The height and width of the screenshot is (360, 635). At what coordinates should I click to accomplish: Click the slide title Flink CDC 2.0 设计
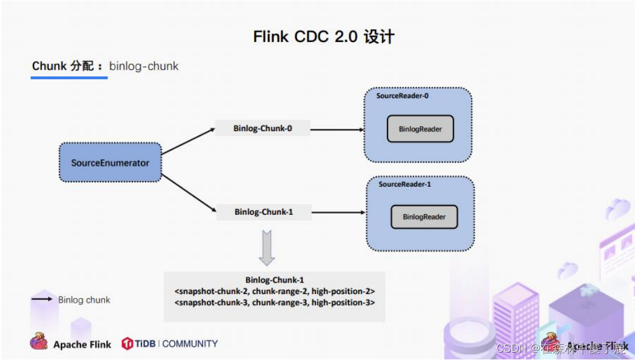pos(324,37)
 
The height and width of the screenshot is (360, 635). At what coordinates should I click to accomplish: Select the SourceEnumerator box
pos(110,162)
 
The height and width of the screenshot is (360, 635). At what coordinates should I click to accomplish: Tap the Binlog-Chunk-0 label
pos(262,129)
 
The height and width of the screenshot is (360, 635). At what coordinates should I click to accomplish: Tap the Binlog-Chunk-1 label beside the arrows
pos(264,212)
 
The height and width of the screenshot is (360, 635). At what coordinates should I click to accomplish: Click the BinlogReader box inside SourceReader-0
pos(420,129)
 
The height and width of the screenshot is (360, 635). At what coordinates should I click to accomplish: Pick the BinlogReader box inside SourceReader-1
pos(424,217)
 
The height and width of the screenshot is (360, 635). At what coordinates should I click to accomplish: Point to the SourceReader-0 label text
pos(402,96)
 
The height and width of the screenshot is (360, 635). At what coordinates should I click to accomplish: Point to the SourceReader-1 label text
pos(404,184)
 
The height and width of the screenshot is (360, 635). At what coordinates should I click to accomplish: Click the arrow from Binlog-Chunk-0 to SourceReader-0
pos(337,129)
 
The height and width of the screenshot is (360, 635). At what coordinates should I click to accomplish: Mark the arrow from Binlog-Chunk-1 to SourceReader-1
pos(339,212)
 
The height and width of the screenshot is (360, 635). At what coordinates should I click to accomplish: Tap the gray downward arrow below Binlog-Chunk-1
pos(267,248)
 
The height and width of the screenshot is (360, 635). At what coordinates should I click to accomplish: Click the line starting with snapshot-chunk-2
pos(274,291)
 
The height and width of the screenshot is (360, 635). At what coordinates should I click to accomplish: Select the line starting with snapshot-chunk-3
pos(274,303)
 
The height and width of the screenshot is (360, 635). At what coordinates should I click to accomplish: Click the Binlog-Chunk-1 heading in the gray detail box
pos(274,280)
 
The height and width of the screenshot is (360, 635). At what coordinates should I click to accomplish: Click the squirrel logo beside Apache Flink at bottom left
pos(39,342)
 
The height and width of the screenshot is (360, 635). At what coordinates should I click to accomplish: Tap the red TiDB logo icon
pos(127,344)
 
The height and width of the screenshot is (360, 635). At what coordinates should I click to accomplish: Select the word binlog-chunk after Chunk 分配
pos(144,67)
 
